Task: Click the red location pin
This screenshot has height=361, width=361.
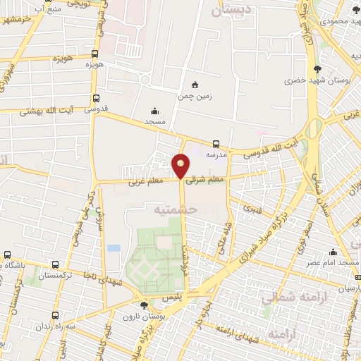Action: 181,166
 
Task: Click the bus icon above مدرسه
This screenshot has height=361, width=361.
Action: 216,142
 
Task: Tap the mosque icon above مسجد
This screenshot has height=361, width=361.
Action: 155,111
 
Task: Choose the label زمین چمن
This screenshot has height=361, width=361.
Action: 195,95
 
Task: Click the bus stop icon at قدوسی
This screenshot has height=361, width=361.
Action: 96,99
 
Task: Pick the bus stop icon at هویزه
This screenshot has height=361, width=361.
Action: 95,54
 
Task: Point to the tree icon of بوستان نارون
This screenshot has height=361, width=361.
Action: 144,305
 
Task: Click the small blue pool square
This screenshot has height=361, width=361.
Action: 114,248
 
